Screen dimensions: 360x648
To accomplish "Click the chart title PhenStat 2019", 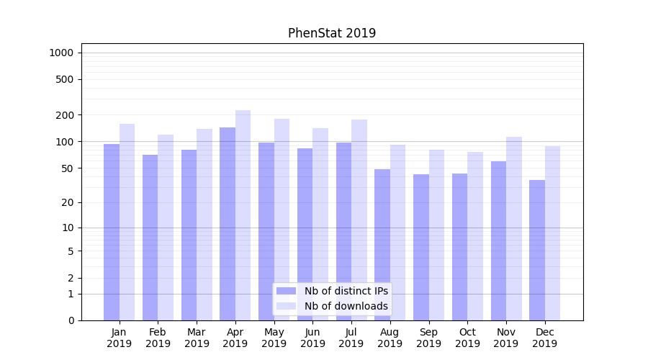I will coord(332,33).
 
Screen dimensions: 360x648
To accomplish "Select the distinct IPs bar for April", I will coord(228,223).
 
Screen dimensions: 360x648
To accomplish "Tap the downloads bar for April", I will coord(243,215).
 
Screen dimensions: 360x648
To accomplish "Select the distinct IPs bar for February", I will coord(150,238).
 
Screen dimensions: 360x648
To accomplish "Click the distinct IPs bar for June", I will coord(305,234).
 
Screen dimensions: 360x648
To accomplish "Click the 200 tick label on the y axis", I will coord(65,115).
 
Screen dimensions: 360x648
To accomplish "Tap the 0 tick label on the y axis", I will coord(71,320).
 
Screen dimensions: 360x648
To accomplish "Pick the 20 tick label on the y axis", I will coord(68,202).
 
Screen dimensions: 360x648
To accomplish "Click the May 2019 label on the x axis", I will coord(274,338).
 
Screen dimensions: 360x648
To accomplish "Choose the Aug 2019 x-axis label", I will coord(390,338).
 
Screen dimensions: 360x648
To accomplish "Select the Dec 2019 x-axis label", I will coord(545,338).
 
